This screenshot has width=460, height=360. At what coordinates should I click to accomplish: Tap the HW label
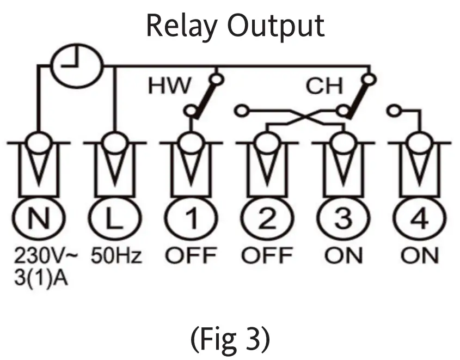tap(170, 86)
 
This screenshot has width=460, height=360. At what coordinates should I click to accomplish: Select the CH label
tap(324, 86)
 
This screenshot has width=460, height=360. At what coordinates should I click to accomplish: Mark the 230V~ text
tap(46, 255)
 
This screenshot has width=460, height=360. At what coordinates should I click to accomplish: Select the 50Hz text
tap(116, 255)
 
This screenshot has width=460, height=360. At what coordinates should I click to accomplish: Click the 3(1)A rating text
tap(41, 277)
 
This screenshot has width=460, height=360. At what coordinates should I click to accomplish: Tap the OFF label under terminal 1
tap(191, 255)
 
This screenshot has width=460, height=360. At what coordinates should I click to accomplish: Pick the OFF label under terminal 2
tap(267, 255)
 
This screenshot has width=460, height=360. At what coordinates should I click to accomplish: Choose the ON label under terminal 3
tap(344, 255)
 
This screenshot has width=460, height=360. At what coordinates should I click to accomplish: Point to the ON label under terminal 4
tap(420, 255)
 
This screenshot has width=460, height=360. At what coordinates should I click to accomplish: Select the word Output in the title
tap(276, 27)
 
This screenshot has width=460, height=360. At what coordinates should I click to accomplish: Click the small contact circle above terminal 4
tap(393, 111)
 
